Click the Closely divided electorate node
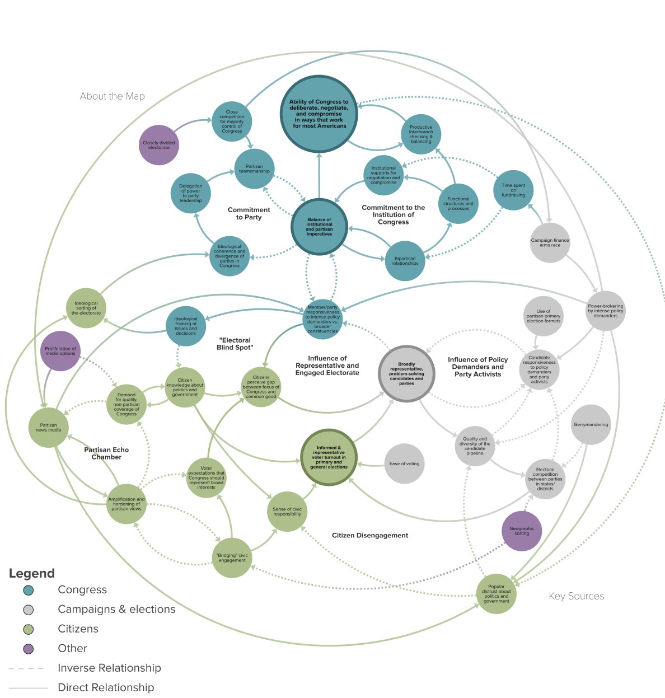pyautogui.click(x=159, y=145)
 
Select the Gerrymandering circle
pyautogui.click(x=591, y=425)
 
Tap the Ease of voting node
pyautogui.click(x=404, y=463)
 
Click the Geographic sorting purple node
pyautogui.click(x=522, y=531)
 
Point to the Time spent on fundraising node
pyautogui.click(x=513, y=190)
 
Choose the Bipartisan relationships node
pyautogui.click(x=405, y=261)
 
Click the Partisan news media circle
pyautogui.click(x=49, y=428)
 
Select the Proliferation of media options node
pyautogui.click(x=60, y=351)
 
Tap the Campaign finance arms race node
pyautogui.click(x=550, y=243)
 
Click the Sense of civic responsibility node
pyautogui.click(x=287, y=511)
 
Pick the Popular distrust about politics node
pyautogui.click(x=496, y=594)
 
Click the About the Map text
pyautogui.click(x=112, y=96)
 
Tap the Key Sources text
pyautogui.click(x=576, y=596)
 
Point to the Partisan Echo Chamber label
pyautogui.click(x=106, y=453)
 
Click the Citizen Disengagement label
pyautogui.click(x=369, y=536)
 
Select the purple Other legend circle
pyautogui.click(x=29, y=649)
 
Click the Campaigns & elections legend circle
pyautogui.click(x=29, y=610)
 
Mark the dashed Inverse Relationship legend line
pyautogui.click(x=26, y=668)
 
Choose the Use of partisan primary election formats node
pyautogui.click(x=543, y=316)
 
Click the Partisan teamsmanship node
pyautogui.click(x=254, y=168)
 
